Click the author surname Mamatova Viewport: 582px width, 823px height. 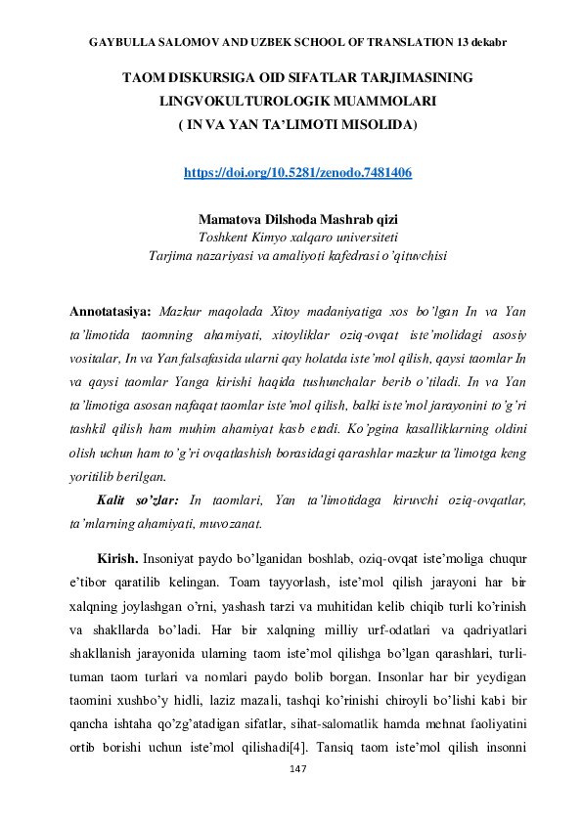[233, 218]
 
